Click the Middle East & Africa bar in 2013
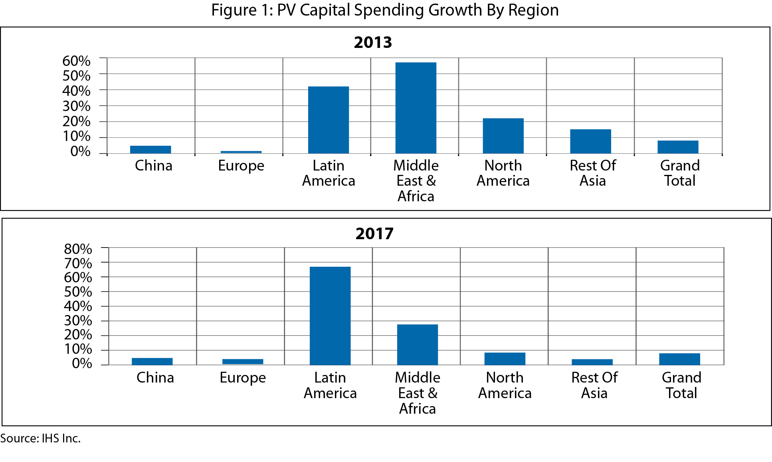pos(416,108)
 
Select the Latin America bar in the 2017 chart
pos(330,315)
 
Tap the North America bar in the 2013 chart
pos(503,136)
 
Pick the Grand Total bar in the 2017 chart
pos(679,359)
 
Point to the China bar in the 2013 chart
pos(150,150)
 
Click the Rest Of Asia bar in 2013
pos(590,141)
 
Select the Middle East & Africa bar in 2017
pos(418,345)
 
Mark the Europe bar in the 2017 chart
pos(243,362)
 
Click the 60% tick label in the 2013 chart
pos(76,61)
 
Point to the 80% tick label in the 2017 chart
pos(78,249)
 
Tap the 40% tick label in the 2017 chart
pos(78,306)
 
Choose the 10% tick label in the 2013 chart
pos(76,136)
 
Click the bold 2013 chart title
pos(373,42)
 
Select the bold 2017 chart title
pos(374,234)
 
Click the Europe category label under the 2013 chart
pos(241,166)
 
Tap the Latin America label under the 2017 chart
pos(330,385)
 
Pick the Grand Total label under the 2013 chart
pos(680,173)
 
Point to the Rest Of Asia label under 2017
pos(594,385)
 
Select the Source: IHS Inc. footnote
pos(40,438)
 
